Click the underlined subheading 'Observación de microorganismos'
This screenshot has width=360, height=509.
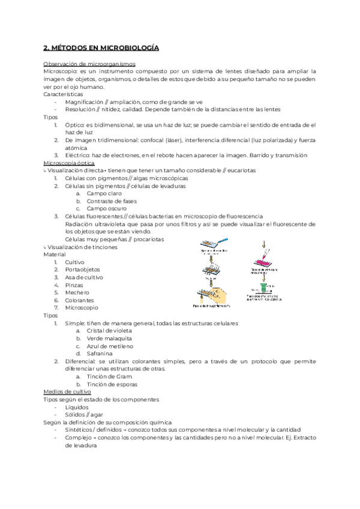pos(89,63)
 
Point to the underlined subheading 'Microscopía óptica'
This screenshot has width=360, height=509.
pos(69,163)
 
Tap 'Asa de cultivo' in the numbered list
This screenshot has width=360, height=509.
pos(85,277)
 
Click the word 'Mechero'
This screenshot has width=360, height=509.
pos(77,292)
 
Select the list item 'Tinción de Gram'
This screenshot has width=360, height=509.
pos(109,376)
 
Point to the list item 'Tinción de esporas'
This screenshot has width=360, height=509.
pos(112,384)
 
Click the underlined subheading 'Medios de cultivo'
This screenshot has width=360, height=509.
pos(67,391)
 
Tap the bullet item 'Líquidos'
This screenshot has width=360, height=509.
pos(77,407)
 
